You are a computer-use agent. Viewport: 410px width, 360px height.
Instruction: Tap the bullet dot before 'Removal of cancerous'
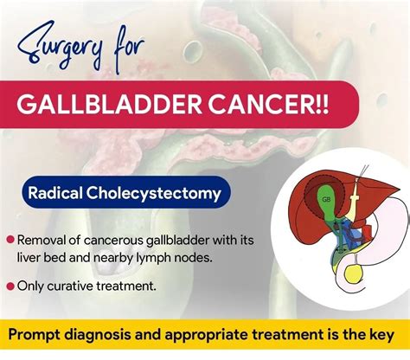pyautogui.click(x=10, y=240)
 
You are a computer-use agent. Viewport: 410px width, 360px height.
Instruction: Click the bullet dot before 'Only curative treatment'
pyautogui.click(x=10, y=285)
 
